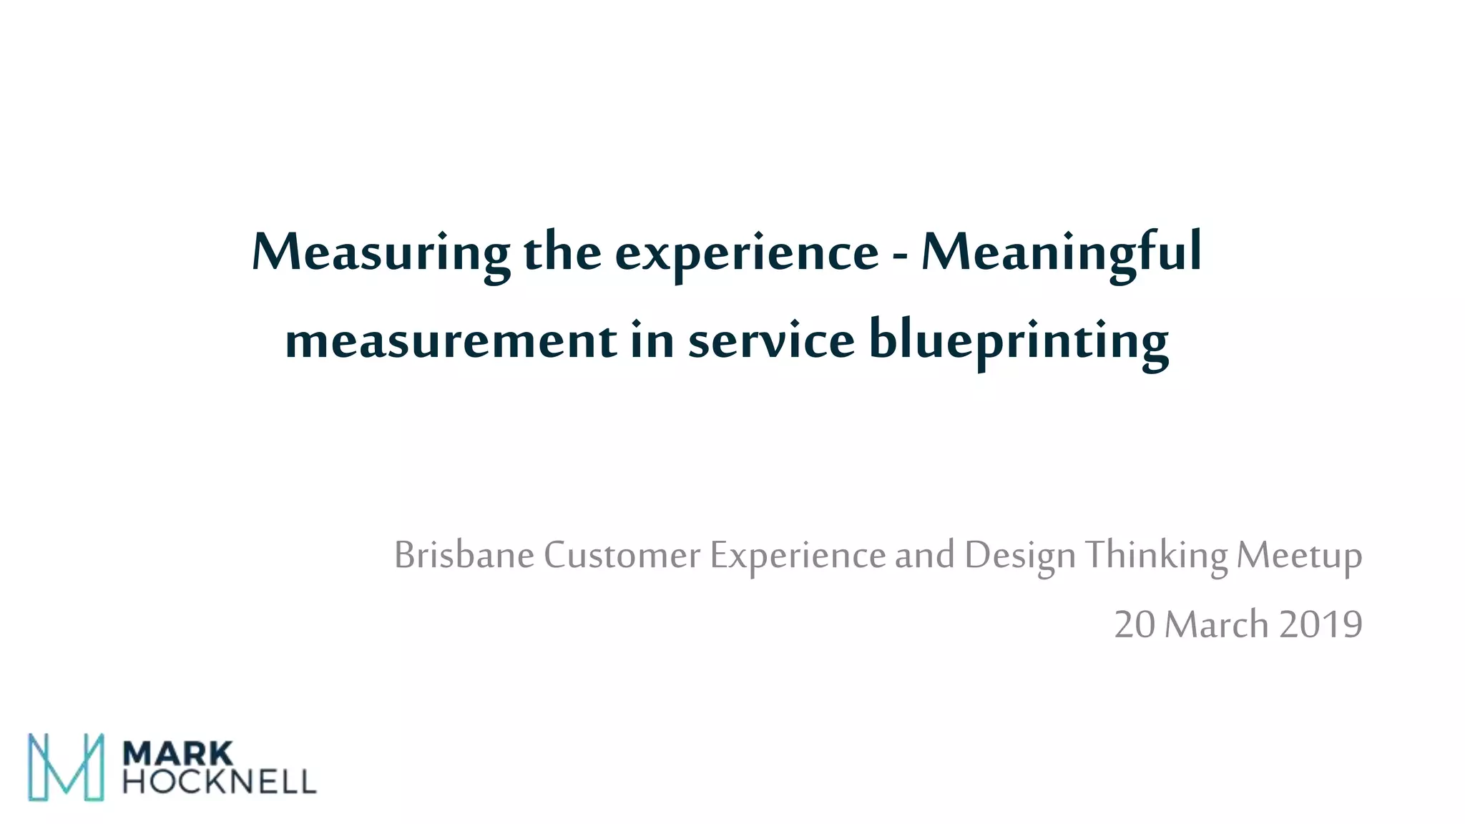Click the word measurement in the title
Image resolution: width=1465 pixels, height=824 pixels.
coord(451,340)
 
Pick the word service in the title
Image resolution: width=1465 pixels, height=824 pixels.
coord(771,340)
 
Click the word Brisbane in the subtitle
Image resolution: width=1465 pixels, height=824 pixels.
coord(464,555)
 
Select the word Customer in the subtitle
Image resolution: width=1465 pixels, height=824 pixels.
coord(622,555)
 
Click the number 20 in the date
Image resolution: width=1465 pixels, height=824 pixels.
coord(1135,624)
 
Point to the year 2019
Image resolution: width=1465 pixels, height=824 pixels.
coord(1321,624)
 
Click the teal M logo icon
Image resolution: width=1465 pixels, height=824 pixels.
coord(66,767)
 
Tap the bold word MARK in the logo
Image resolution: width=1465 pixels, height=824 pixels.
coord(178,754)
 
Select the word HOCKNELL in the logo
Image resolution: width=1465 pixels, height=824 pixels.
coord(219,782)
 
